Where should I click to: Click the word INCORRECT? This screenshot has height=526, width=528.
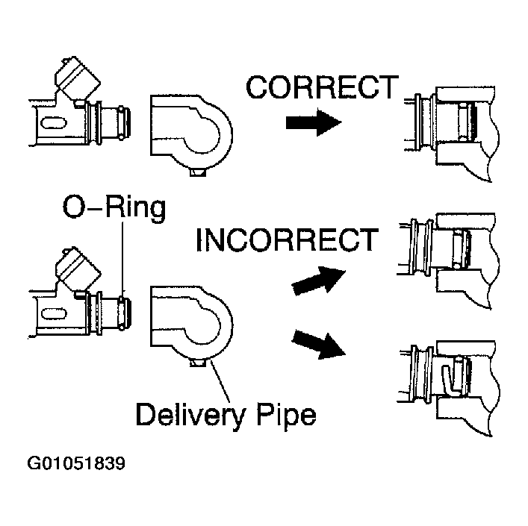click(286, 240)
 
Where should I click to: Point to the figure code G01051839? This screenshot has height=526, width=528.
click(76, 463)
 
